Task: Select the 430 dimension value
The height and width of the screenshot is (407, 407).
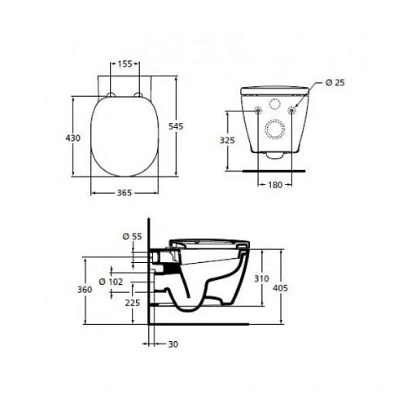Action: coord(73,139)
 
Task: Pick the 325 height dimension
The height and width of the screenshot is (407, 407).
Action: coord(229,141)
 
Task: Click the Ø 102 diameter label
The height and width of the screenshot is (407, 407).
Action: coord(112,282)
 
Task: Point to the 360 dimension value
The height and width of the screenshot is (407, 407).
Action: coord(76,289)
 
